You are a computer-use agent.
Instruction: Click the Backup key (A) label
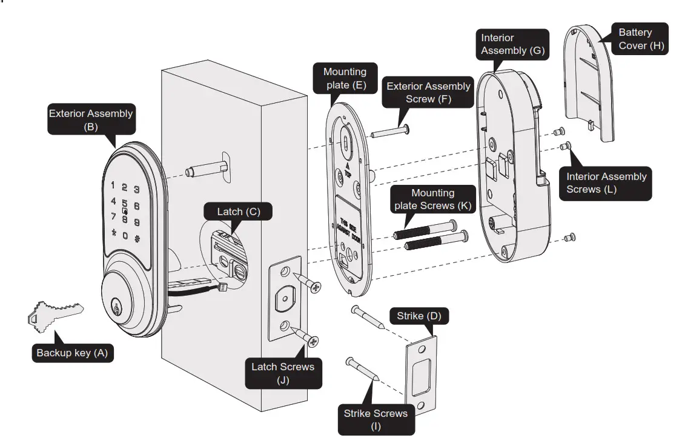coord(71,353)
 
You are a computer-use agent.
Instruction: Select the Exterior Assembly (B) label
coord(90,120)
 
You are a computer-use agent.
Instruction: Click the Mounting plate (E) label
coord(345,79)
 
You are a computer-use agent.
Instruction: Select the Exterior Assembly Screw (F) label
coord(428,93)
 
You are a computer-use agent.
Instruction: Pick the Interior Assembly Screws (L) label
coord(606,183)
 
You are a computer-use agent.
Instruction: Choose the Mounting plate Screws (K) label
coord(432,199)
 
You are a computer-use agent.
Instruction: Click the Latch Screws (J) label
coord(283,373)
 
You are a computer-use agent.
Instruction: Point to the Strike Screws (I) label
coord(376,419)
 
